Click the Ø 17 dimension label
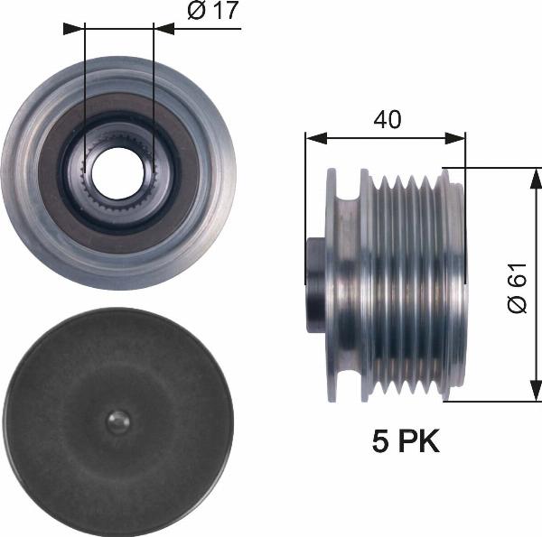(x=213, y=10)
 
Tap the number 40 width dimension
(x=388, y=119)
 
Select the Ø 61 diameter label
(x=518, y=288)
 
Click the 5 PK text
(x=406, y=441)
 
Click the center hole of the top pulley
(x=118, y=173)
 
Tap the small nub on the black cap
(x=118, y=422)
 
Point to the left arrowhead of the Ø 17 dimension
(x=74, y=29)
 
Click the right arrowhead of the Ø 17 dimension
(x=164, y=29)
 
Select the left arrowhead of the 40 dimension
(x=316, y=138)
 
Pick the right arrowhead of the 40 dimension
(x=455, y=138)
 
